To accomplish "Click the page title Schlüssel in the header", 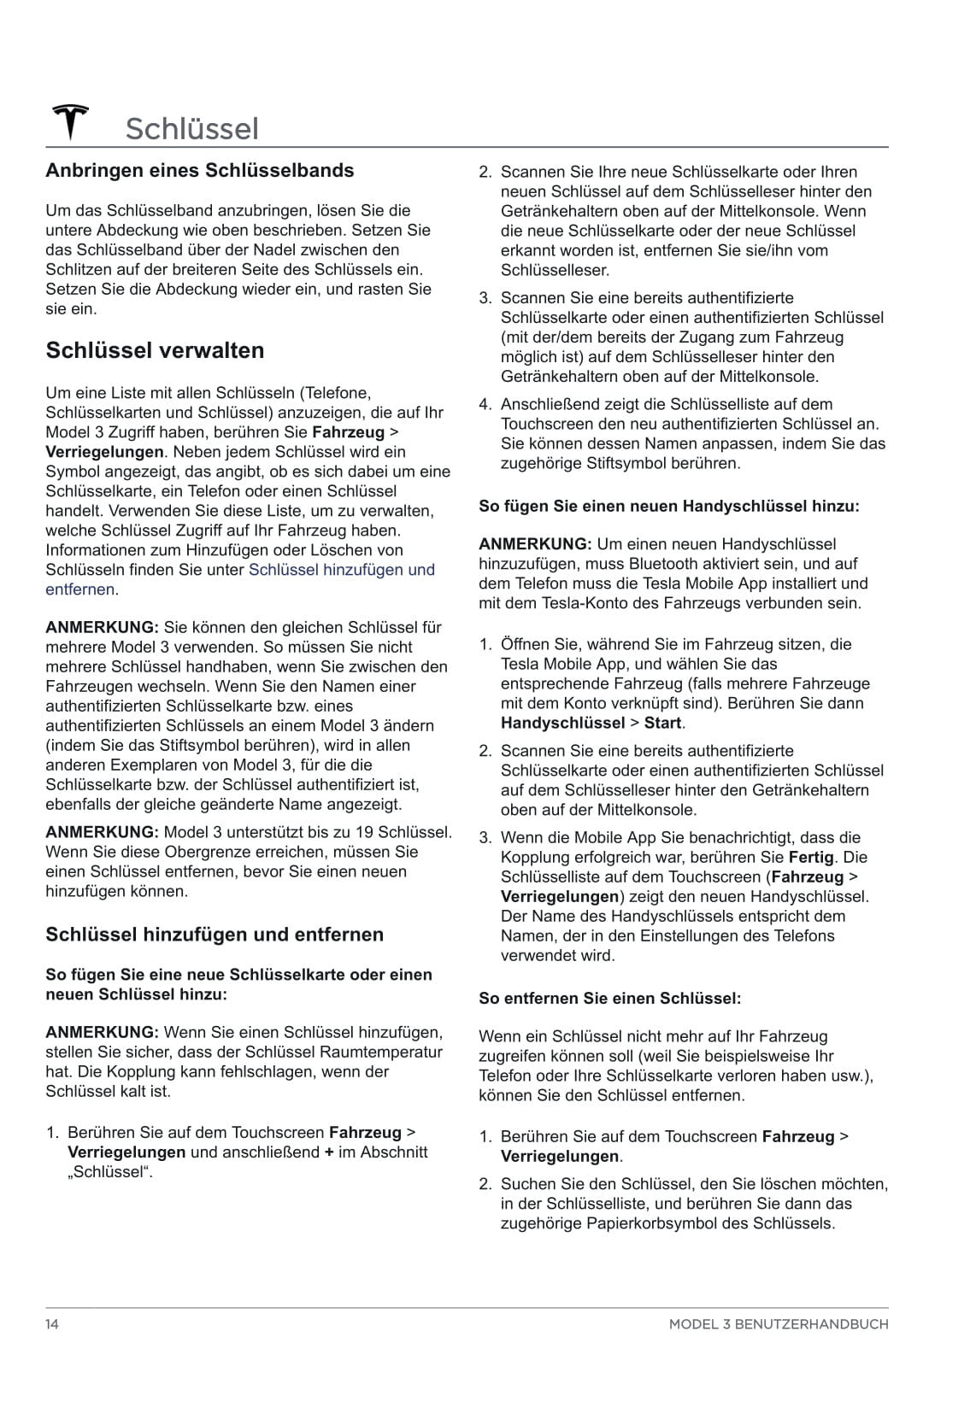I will [x=191, y=129].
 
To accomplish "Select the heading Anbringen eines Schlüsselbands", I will [x=199, y=171].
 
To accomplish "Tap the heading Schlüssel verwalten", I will [x=155, y=350].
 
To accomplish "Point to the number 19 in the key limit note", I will [x=364, y=832].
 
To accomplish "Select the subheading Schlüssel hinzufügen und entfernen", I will [x=215, y=935].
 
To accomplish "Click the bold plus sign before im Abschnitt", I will [x=328, y=1152].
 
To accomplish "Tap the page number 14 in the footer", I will [x=52, y=1324].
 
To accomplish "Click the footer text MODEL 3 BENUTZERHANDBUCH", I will [x=778, y=1324].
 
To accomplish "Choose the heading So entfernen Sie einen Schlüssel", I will [x=609, y=999].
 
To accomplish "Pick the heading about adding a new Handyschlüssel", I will [x=668, y=507].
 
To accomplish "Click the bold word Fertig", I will [x=811, y=858].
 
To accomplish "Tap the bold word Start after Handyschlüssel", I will [x=662, y=724].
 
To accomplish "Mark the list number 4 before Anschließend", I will [x=484, y=405].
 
